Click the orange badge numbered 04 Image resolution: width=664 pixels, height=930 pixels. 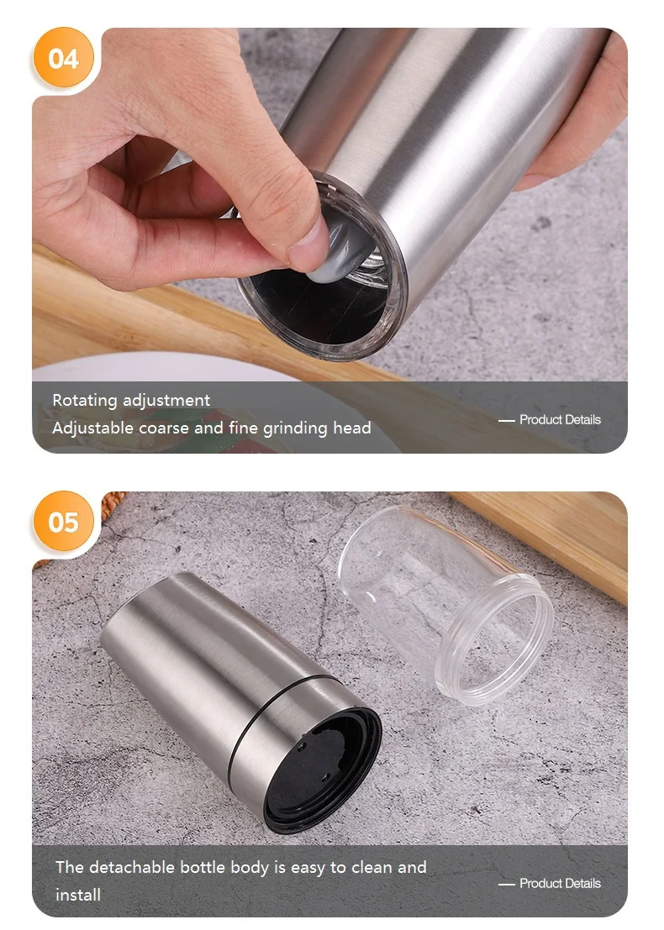pyautogui.click(x=63, y=59)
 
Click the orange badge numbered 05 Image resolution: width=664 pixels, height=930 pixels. pyautogui.click(x=63, y=523)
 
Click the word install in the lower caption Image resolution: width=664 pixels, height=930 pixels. pyautogui.click(x=78, y=895)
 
